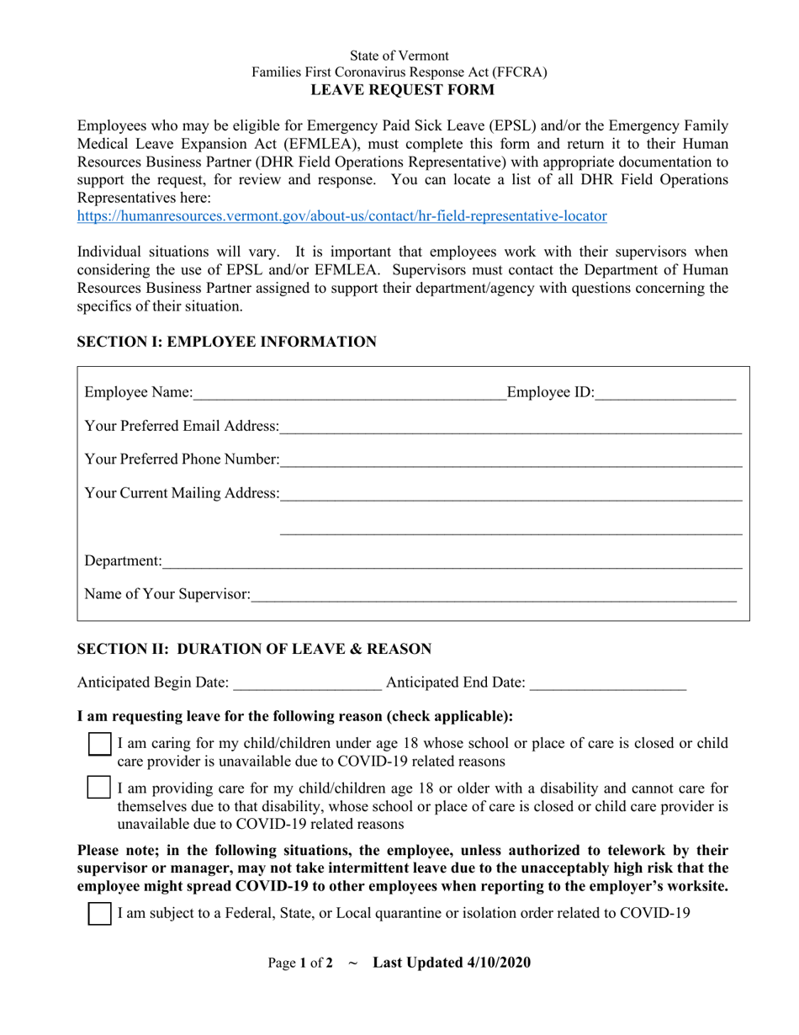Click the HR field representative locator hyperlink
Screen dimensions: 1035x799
[341, 216]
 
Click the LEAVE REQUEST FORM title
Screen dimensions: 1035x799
[399, 90]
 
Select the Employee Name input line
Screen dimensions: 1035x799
[348, 393]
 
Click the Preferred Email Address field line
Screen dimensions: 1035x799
[511, 427]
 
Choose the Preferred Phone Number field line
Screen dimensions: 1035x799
[511, 460]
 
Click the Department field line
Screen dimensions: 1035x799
[452, 561]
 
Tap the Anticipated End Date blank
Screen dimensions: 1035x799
[608, 683]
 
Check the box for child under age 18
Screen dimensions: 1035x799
[100, 745]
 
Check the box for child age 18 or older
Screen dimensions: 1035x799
[100, 788]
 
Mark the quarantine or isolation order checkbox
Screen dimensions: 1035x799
[100, 914]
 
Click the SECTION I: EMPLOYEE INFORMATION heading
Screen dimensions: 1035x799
[227, 342]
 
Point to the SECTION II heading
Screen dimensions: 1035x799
[254, 649]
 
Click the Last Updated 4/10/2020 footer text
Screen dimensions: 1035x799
[452, 963]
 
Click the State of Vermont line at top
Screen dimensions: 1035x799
[399, 56]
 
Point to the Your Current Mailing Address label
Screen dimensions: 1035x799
[182, 493]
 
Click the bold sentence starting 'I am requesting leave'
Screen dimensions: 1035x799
[294, 716]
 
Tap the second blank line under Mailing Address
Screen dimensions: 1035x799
[511, 533]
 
